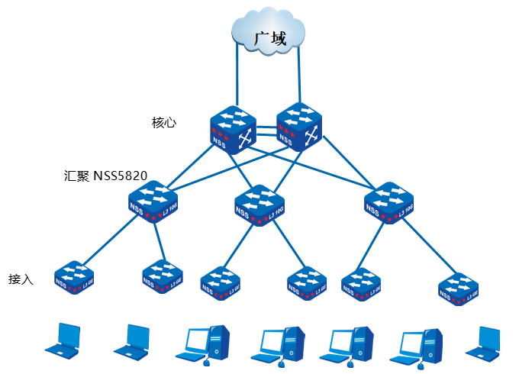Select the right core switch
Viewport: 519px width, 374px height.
click(299, 125)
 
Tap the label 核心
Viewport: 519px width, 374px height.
click(164, 122)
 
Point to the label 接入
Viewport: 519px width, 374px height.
click(21, 279)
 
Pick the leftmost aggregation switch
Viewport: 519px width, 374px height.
click(153, 200)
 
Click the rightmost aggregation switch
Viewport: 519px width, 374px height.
click(389, 202)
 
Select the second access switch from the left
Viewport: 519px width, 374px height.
click(162, 276)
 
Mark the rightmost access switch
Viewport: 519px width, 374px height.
click(459, 288)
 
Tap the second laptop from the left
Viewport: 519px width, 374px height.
click(132, 340)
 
